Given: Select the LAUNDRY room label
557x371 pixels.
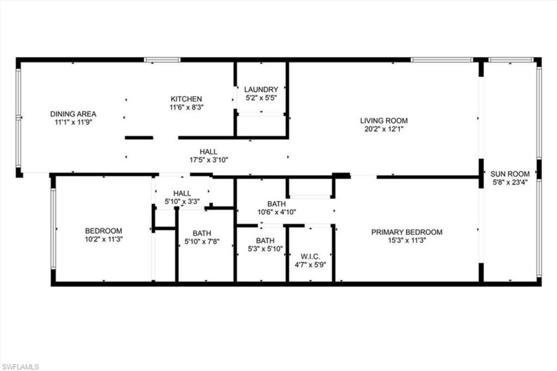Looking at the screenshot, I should point(261,90).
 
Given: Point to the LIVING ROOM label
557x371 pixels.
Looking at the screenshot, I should point(384,120).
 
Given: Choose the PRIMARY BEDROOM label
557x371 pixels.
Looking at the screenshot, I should point(406,232).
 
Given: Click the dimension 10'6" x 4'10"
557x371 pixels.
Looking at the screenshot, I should point(277,212).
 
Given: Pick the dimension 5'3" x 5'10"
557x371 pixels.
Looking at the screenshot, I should point(265,249).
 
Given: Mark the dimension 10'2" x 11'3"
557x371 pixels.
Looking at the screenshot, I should point(103,239).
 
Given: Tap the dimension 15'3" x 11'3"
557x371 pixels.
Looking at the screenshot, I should point(406,240).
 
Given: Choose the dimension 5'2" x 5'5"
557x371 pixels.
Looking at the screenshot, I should point(261,98).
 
